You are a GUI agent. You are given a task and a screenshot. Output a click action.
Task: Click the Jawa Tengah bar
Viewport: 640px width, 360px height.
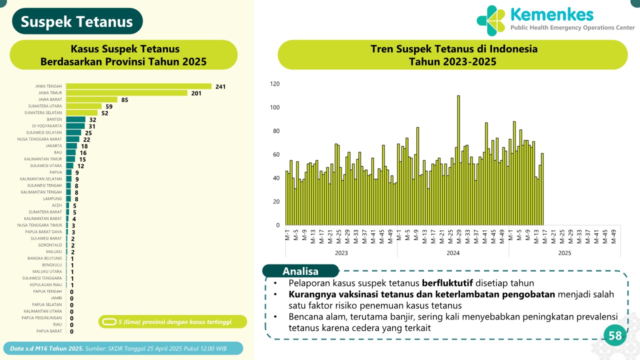click(138, 86)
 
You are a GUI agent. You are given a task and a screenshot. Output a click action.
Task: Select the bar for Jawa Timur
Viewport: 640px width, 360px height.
click(126, 93)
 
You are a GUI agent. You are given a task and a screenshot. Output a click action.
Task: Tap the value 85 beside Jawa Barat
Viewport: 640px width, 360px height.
click(125, 100)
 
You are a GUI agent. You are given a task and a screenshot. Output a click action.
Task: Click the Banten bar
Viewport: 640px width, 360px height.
click(75, 119)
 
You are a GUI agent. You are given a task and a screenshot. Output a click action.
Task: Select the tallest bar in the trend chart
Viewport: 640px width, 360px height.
click(458, 160)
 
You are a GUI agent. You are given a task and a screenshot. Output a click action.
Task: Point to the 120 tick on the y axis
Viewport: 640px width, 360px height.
click(274, 84)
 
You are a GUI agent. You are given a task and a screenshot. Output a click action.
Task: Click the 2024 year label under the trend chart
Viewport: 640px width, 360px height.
click(453, 253)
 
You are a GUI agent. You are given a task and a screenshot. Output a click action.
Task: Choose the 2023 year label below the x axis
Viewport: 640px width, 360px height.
click(341, 253)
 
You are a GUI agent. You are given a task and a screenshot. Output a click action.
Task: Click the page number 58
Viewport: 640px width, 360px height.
click(614, 336)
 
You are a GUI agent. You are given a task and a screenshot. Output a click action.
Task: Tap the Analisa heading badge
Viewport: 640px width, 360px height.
click(300, 271)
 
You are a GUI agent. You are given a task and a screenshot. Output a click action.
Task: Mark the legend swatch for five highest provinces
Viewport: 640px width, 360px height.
click(108, 321)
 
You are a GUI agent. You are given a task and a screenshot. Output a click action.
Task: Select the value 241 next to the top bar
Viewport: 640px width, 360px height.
click(220, 87)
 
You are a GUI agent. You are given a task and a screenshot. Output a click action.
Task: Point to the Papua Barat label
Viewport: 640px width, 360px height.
click(49, 331)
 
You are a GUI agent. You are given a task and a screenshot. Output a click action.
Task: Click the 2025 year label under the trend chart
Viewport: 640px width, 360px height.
click(564, 253)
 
